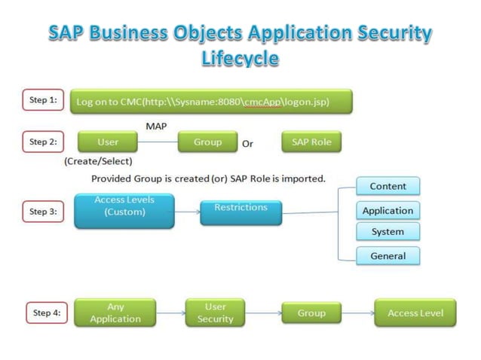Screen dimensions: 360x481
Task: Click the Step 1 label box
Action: (x=43, y=100)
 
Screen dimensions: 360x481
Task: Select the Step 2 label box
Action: (x=43, y=141)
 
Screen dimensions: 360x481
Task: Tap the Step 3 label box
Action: (x=43, y=212)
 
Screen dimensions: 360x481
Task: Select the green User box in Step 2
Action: (x=107, y=142)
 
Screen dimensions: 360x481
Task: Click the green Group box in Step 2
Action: (x=207, y=142)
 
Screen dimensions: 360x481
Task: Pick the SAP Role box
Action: (x=311, y=142)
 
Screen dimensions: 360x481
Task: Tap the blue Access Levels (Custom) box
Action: (x=124, y=211)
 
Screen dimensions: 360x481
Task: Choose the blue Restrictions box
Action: (x=240, y=212)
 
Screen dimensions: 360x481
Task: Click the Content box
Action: (x=388, y=186)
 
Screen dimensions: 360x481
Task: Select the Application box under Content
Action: (x=388, y=210)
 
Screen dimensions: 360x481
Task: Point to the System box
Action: (x=388, y=232)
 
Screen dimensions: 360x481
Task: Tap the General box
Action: (x=388, y=256)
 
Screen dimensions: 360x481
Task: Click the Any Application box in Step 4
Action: (x=115, y=313)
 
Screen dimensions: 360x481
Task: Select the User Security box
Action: (x=215, y=313)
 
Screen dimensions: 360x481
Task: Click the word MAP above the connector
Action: (x=155, y=125)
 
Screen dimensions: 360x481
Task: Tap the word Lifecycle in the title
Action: (x=240, y=57)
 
